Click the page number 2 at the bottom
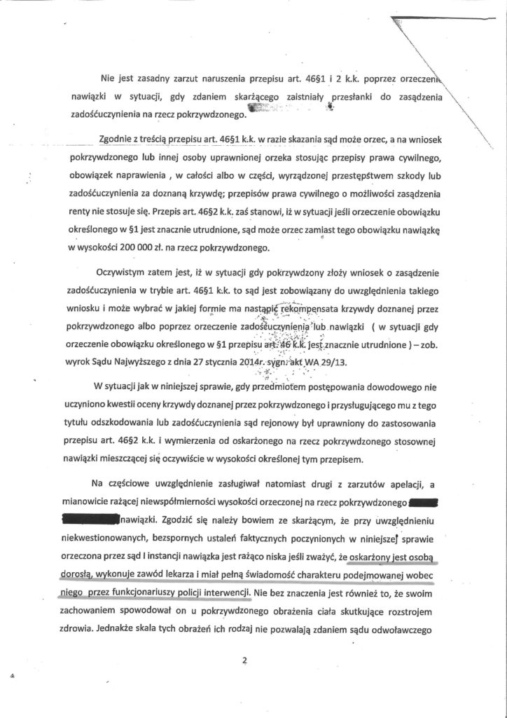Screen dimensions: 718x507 pyautogui.click(x=244, y=658)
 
